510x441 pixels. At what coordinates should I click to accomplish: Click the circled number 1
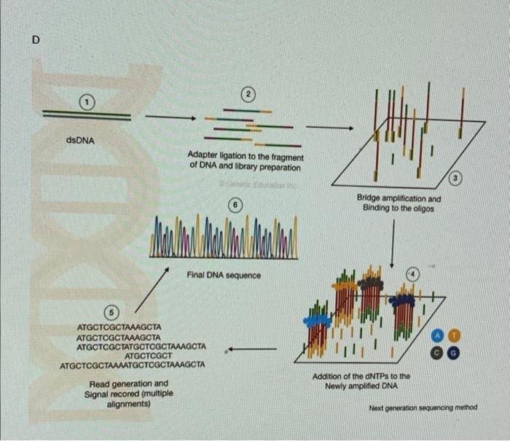coord(87,102)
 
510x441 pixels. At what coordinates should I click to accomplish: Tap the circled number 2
coord(248,94)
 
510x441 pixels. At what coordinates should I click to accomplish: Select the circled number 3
coord(457,178)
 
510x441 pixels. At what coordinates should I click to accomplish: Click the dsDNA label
coord(80,139)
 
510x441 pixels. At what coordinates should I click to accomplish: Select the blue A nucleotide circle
coord(437,335)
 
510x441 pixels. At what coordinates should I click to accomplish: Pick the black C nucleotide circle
coord(437,351)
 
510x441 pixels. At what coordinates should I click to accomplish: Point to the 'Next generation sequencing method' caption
coord(423,407)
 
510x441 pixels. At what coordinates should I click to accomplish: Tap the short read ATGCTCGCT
coord(133,355)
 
